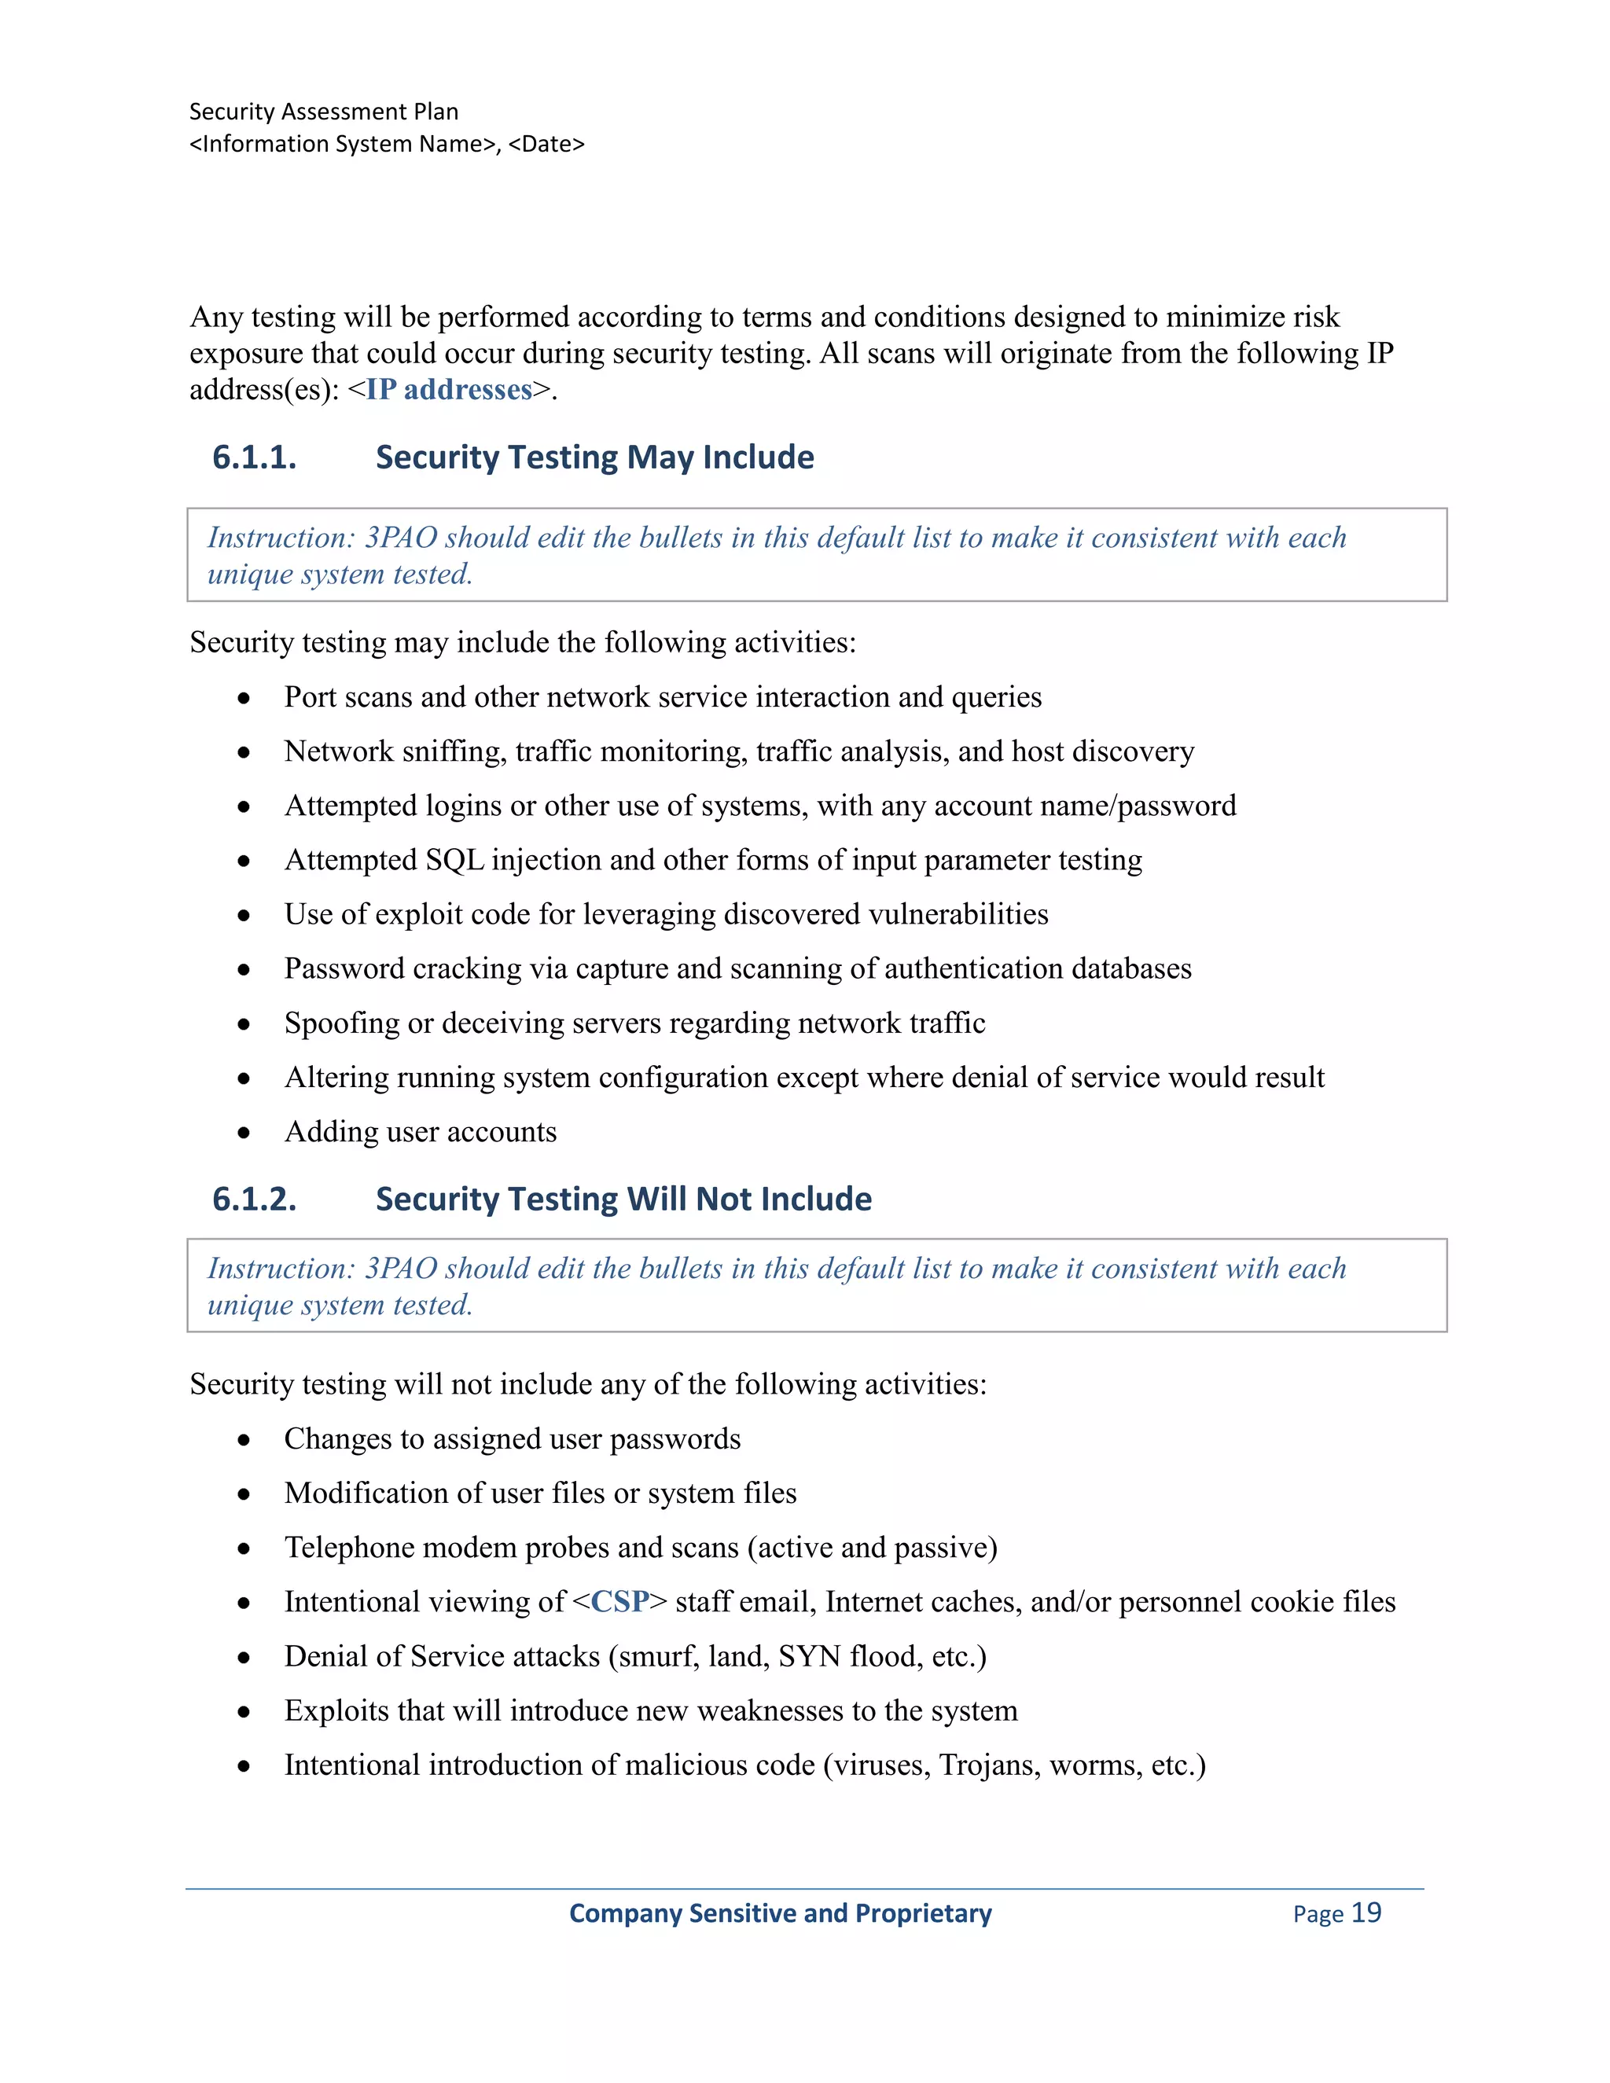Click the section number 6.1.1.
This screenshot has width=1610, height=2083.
254,457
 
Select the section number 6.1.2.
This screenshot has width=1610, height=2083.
254,1199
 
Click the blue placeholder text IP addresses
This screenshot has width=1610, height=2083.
449,390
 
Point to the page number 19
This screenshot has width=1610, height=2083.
1366,1912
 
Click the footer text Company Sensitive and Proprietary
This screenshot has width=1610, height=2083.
780,1913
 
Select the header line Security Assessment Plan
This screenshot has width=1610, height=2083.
323,112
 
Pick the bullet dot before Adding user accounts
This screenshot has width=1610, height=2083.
244,1133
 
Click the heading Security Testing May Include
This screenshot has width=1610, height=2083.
594,457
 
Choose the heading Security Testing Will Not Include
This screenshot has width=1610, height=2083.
623,1199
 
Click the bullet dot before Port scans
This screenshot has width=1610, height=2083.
244,698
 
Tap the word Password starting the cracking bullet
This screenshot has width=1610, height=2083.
344,969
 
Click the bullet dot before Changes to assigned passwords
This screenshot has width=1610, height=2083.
244,1440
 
